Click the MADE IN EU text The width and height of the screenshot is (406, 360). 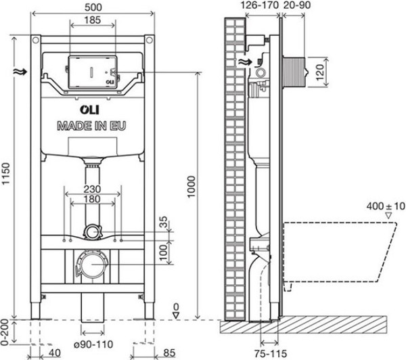(93, 126)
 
